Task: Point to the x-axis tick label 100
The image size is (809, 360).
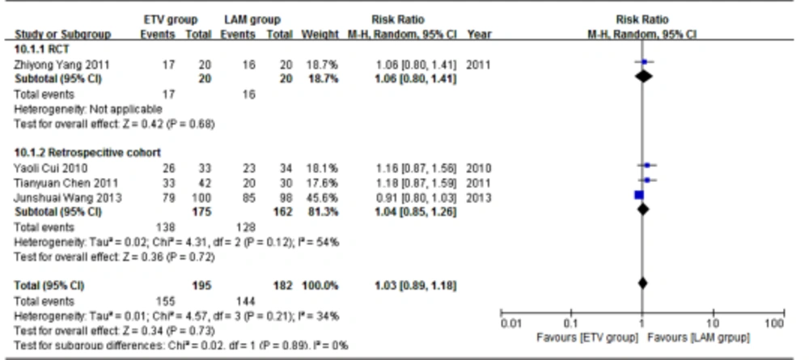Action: [x=775, y=324]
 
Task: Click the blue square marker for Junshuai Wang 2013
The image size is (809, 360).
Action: [x=638, y=195]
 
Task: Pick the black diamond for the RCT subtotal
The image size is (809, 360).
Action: [x=644, y=76]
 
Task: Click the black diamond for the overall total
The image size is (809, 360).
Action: [x=642, y=284]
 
